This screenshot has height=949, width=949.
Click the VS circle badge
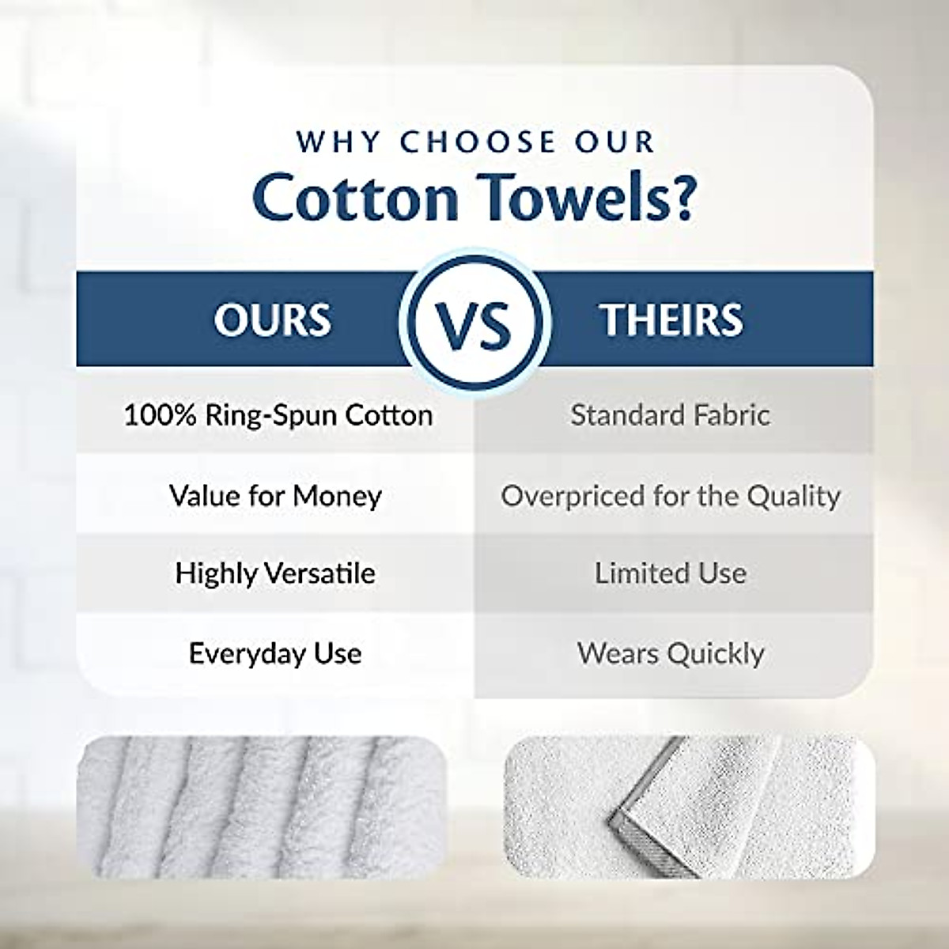(x=474, y=320)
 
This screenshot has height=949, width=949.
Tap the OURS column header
(x=272, y=319)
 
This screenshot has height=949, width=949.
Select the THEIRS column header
(x=671, y=319)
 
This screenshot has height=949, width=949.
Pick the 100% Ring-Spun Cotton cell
(x=278, y=415)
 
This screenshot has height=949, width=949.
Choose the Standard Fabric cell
(x=670, y=415)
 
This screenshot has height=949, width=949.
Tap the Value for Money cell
(x=275, y=496)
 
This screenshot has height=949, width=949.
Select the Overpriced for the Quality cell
(x=670, y=496)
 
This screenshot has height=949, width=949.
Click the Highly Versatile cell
(x=275, y=573)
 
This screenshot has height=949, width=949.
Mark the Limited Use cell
(x=670, y=573)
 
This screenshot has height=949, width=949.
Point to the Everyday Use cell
(x=275, y=653)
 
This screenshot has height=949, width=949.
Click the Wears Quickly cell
(x=670, y=653)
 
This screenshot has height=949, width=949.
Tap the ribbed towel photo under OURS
(x=261, y=807)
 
